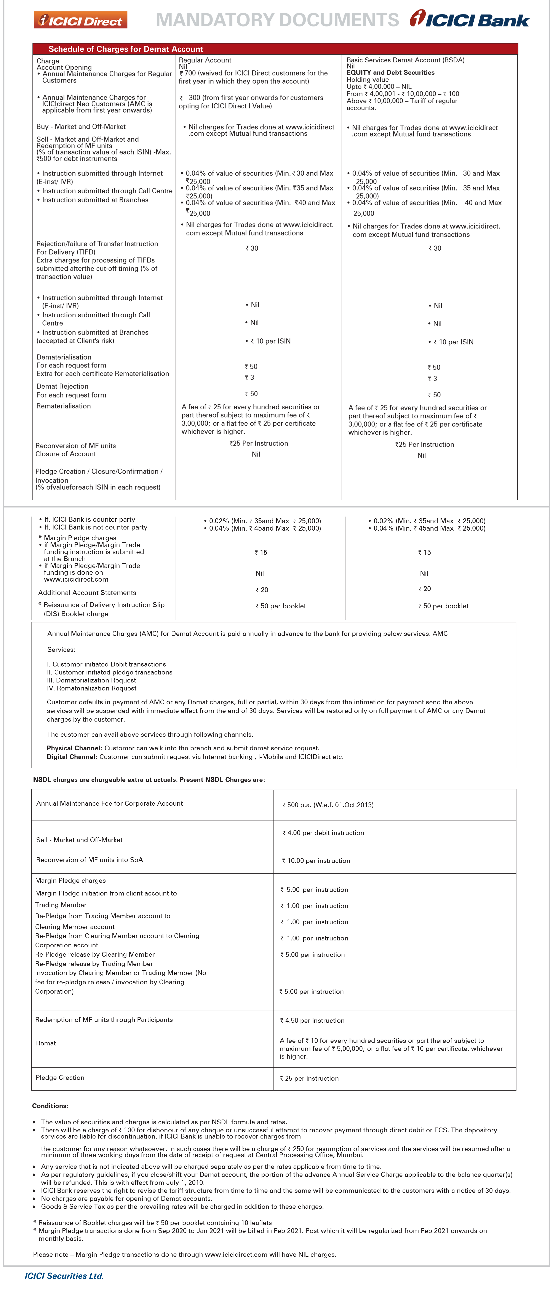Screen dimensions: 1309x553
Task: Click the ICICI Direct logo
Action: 80,20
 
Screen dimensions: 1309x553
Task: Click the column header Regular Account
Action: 205,60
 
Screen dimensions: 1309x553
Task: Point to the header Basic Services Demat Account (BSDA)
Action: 405,60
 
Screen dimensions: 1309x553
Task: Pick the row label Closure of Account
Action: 66,454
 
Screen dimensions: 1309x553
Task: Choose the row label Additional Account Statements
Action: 87,593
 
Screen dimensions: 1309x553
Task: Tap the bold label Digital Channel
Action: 71,757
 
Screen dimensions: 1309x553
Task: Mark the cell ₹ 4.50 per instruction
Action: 312,1020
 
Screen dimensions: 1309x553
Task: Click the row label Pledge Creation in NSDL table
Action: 60,1077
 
